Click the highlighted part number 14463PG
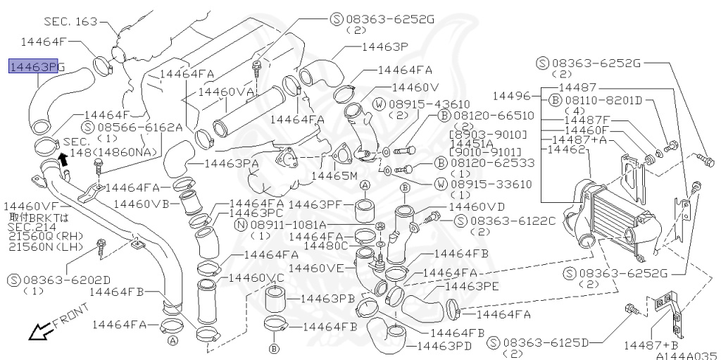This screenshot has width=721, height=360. (x=36, y=67)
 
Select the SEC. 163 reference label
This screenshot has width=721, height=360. (x=70, y=22)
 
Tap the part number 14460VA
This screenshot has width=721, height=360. (x=225, y=92)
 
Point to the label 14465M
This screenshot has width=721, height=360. (x=334, y=175)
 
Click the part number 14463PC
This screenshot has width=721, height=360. (x=256, y=213)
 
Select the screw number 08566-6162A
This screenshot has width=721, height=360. (x=140, y=128)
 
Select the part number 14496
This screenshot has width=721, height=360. (x=515, y=95)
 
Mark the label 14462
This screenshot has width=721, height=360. (x=566, y=149)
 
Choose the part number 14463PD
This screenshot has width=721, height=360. (x=444, y=346)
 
